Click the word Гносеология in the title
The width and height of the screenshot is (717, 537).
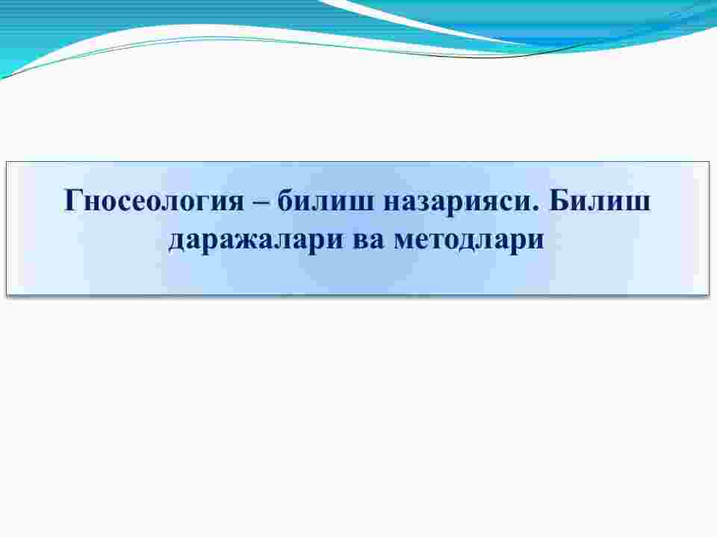[155, 201]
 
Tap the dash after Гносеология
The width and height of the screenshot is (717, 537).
[262, 202]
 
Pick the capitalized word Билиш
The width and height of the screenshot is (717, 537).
[600, 200]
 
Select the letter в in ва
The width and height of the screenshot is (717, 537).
[361, 239]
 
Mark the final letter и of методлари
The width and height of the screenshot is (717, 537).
[535, 239]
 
